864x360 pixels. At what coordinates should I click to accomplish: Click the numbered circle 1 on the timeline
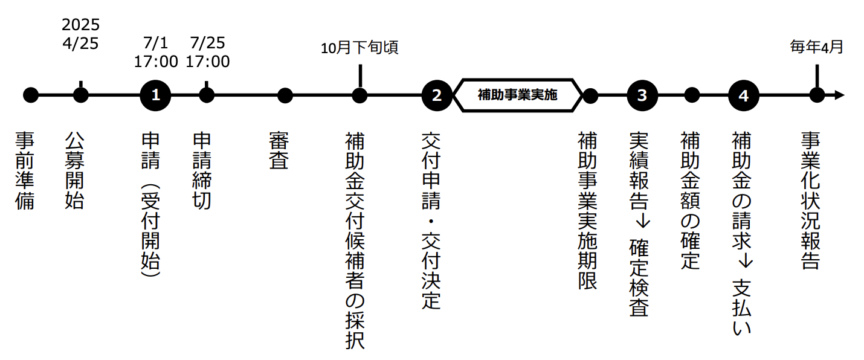pyautogui.click(x=156, y=95)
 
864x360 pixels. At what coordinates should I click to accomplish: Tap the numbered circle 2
pyautogui.click(x=437, y=95)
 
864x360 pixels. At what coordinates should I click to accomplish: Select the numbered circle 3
pyautogui.click(x=642, y=95)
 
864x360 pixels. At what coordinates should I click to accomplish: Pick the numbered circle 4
pyautogui.click(x=743, y=95)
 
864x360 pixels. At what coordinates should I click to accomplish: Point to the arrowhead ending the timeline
pyautogui.click(x=839, y=95)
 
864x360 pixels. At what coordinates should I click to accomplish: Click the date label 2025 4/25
pyautogui.click(x=80, y=34)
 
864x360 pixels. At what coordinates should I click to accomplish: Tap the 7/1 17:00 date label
pyautogui.click(x=156, y=53)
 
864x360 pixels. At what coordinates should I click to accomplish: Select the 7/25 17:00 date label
pyautogui.click(x=207, y=53)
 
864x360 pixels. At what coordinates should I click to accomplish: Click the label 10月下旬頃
pyautogui.click(x=359, y=48)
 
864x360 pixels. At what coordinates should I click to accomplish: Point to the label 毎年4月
pyautogui.click(x=816, y=47)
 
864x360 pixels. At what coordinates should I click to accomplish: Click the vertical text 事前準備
pyautogui.click(x=25, y=170)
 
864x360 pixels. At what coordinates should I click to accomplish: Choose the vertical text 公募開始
pyautogui.click(x=74, y=170)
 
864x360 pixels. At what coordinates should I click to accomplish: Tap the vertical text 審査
pyautogui.click(x=279, y=151)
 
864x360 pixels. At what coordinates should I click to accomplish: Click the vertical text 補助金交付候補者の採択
pyautogui.click(x=355, y=240)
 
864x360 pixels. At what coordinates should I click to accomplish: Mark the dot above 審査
pyautogui.click(x=285, y=95)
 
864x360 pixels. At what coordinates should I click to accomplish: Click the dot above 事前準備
pyautogui.click(x=30, y=95)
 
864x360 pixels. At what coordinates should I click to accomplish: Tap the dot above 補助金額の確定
pyautogui.click(x=692, y=95)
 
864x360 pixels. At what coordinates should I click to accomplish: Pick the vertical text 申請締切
pyautogui.click(x=202, y=170)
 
